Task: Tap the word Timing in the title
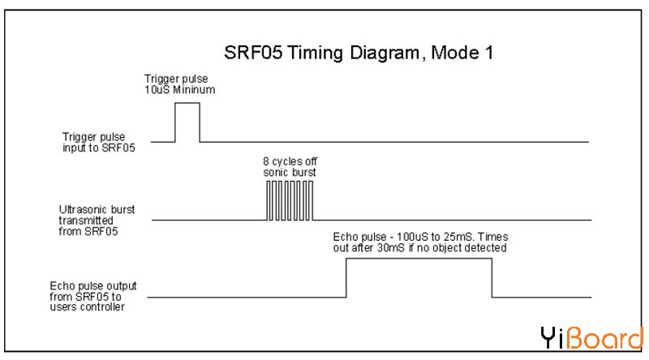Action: pos(314,54)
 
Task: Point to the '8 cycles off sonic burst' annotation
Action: pos(290,166)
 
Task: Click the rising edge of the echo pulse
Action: pos(346,278)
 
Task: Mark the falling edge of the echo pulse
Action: pos(492,278)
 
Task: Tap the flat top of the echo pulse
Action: pos(419,259)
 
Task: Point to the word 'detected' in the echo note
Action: pos(487,248)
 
